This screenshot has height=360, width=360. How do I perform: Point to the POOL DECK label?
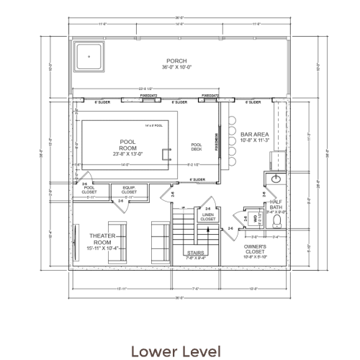[x=197, y=147]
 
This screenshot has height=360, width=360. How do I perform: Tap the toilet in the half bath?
[x=257, y=217]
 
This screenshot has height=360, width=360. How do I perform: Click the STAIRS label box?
[x=195, y=255]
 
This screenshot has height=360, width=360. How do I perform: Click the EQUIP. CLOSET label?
[x=129, y=191]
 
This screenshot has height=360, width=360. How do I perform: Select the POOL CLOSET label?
[x=89, y=189]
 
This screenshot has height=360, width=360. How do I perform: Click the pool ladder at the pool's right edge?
[x=168, y=153]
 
